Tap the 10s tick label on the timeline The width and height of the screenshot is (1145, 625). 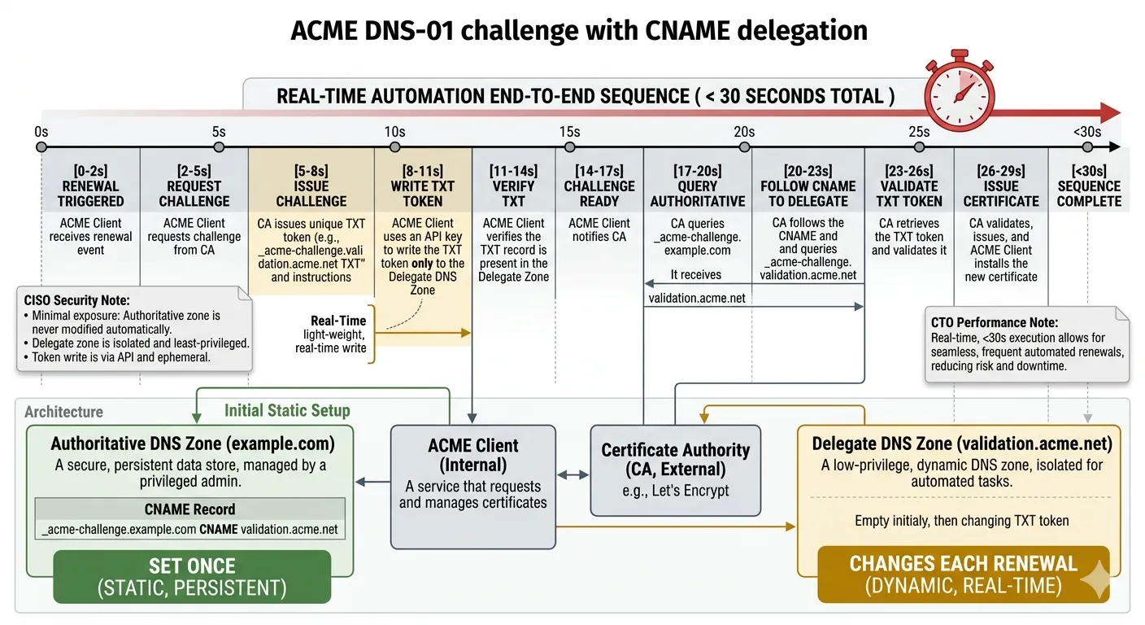tap(394, 132)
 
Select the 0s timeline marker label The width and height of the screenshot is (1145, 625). tap(41, 132)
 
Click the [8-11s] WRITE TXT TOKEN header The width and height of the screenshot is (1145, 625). tap(423, 186)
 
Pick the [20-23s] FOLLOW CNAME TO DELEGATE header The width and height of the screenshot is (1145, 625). tap(808, 186)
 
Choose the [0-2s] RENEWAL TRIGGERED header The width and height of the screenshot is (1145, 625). tap(90, 186)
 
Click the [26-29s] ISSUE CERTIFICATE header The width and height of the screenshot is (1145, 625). tap(1001, 186)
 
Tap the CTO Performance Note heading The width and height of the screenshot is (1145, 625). tap(995, 322)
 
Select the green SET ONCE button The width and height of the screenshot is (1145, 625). tap(192, 576)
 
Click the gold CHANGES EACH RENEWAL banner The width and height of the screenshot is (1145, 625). tap(963, 574)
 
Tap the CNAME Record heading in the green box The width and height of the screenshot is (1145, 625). tap(189, 509)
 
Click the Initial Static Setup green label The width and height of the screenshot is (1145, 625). tap(287, 411)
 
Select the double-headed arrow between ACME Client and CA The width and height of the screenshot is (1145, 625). tap(573, 474)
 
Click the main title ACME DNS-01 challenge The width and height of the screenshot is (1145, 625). tap(578, 31)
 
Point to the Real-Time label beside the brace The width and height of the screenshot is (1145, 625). tap(338, 321)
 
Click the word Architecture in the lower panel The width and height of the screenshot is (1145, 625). tap(63, 412)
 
